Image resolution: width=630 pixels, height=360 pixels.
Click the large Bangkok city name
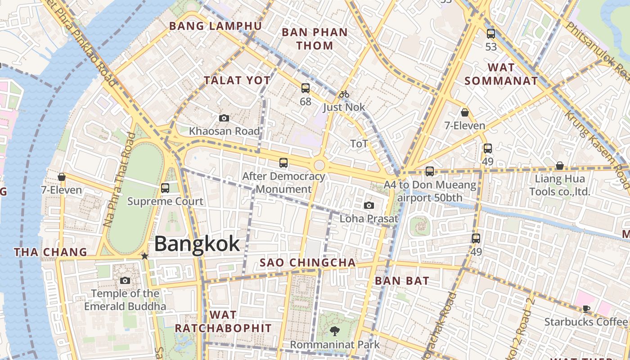click(197, 244)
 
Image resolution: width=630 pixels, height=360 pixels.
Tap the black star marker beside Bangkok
click(144, 256)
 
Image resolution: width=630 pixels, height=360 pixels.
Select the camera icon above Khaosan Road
click(224, 118)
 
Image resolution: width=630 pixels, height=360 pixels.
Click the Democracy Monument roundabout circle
click(319, 165)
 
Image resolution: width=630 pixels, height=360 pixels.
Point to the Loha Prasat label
click(369, 219)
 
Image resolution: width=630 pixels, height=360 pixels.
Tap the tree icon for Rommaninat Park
click(334, 332)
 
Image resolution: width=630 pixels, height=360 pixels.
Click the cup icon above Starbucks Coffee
click(585, 309)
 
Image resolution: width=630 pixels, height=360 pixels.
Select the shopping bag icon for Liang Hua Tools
click(559, 166)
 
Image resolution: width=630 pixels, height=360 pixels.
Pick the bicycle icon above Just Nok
click(344, 94)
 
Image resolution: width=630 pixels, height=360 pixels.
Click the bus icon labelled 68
click(306, 88)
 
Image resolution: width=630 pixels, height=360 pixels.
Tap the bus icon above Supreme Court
click(165, 188)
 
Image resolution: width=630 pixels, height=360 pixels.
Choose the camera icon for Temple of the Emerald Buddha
click(125, 281)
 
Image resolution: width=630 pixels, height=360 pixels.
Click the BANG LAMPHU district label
click(215, 26)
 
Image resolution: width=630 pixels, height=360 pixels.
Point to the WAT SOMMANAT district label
click(501, 74)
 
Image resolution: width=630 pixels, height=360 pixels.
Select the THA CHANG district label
click(50, 252)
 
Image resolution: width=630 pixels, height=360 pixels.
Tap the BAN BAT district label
click(402, 281)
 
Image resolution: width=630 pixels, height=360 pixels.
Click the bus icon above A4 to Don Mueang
click(430, 171)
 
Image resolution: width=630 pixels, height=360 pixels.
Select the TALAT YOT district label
click(237, 81)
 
